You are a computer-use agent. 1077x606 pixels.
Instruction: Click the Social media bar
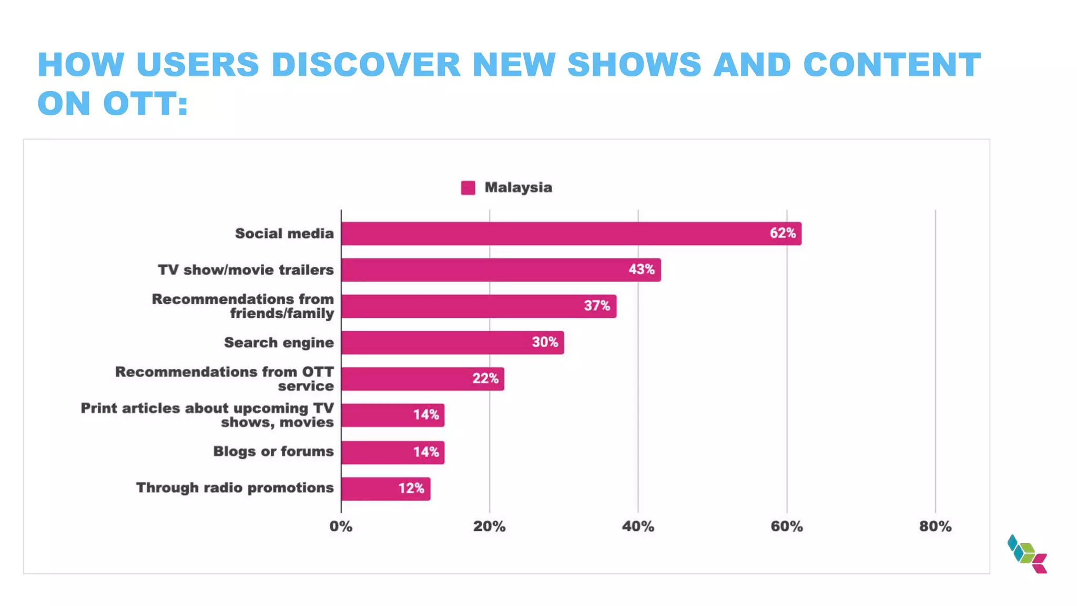(571, 234)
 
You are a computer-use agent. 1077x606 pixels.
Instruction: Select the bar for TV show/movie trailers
(501, 270)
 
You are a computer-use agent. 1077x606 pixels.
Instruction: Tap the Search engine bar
(452, 342)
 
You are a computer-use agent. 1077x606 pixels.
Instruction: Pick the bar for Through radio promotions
(385, 489)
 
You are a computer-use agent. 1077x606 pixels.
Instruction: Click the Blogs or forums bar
(392, 452)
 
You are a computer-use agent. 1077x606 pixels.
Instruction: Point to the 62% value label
(783, 233)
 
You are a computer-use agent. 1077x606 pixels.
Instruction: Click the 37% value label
(597, 306)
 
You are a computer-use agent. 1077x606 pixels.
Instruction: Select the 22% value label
(485, 378)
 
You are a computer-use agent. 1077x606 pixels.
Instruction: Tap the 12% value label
(411, 488)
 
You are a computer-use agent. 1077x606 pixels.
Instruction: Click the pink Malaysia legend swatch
(468, 188)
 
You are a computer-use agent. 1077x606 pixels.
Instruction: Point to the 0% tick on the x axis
(341, 527)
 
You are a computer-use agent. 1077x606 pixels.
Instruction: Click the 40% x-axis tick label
(638, 527)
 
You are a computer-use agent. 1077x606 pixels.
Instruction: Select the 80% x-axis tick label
(935, 527)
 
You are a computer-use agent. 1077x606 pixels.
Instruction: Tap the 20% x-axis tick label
(489, 527)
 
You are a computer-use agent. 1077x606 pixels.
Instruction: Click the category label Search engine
(279, 342)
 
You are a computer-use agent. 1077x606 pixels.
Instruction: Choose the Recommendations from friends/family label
(243, 306)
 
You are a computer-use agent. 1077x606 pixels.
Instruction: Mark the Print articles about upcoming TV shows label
(207, 415)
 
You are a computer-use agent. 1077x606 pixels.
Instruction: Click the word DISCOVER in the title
(366, 65)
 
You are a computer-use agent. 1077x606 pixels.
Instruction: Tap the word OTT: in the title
(146, 103)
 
